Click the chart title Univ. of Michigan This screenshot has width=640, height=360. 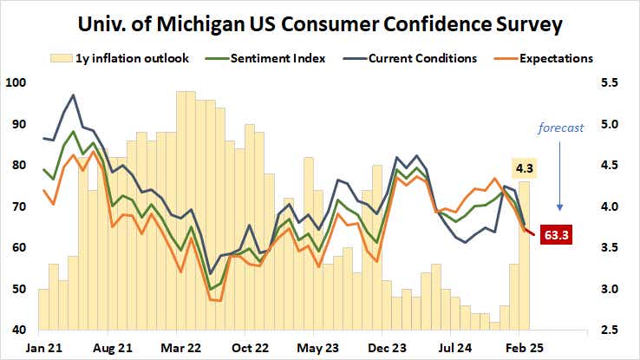pos(319,24)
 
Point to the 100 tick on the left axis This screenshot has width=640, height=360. pos(16,83)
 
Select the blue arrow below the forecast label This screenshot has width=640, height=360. pos(560,173)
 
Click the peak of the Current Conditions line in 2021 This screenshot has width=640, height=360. pos(73,95)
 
